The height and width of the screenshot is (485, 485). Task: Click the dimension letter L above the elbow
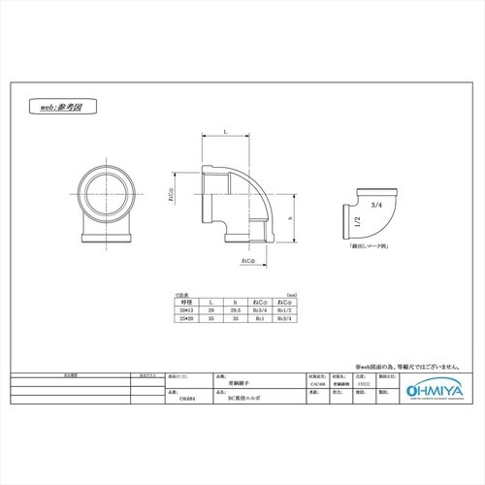tap(225, 130)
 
